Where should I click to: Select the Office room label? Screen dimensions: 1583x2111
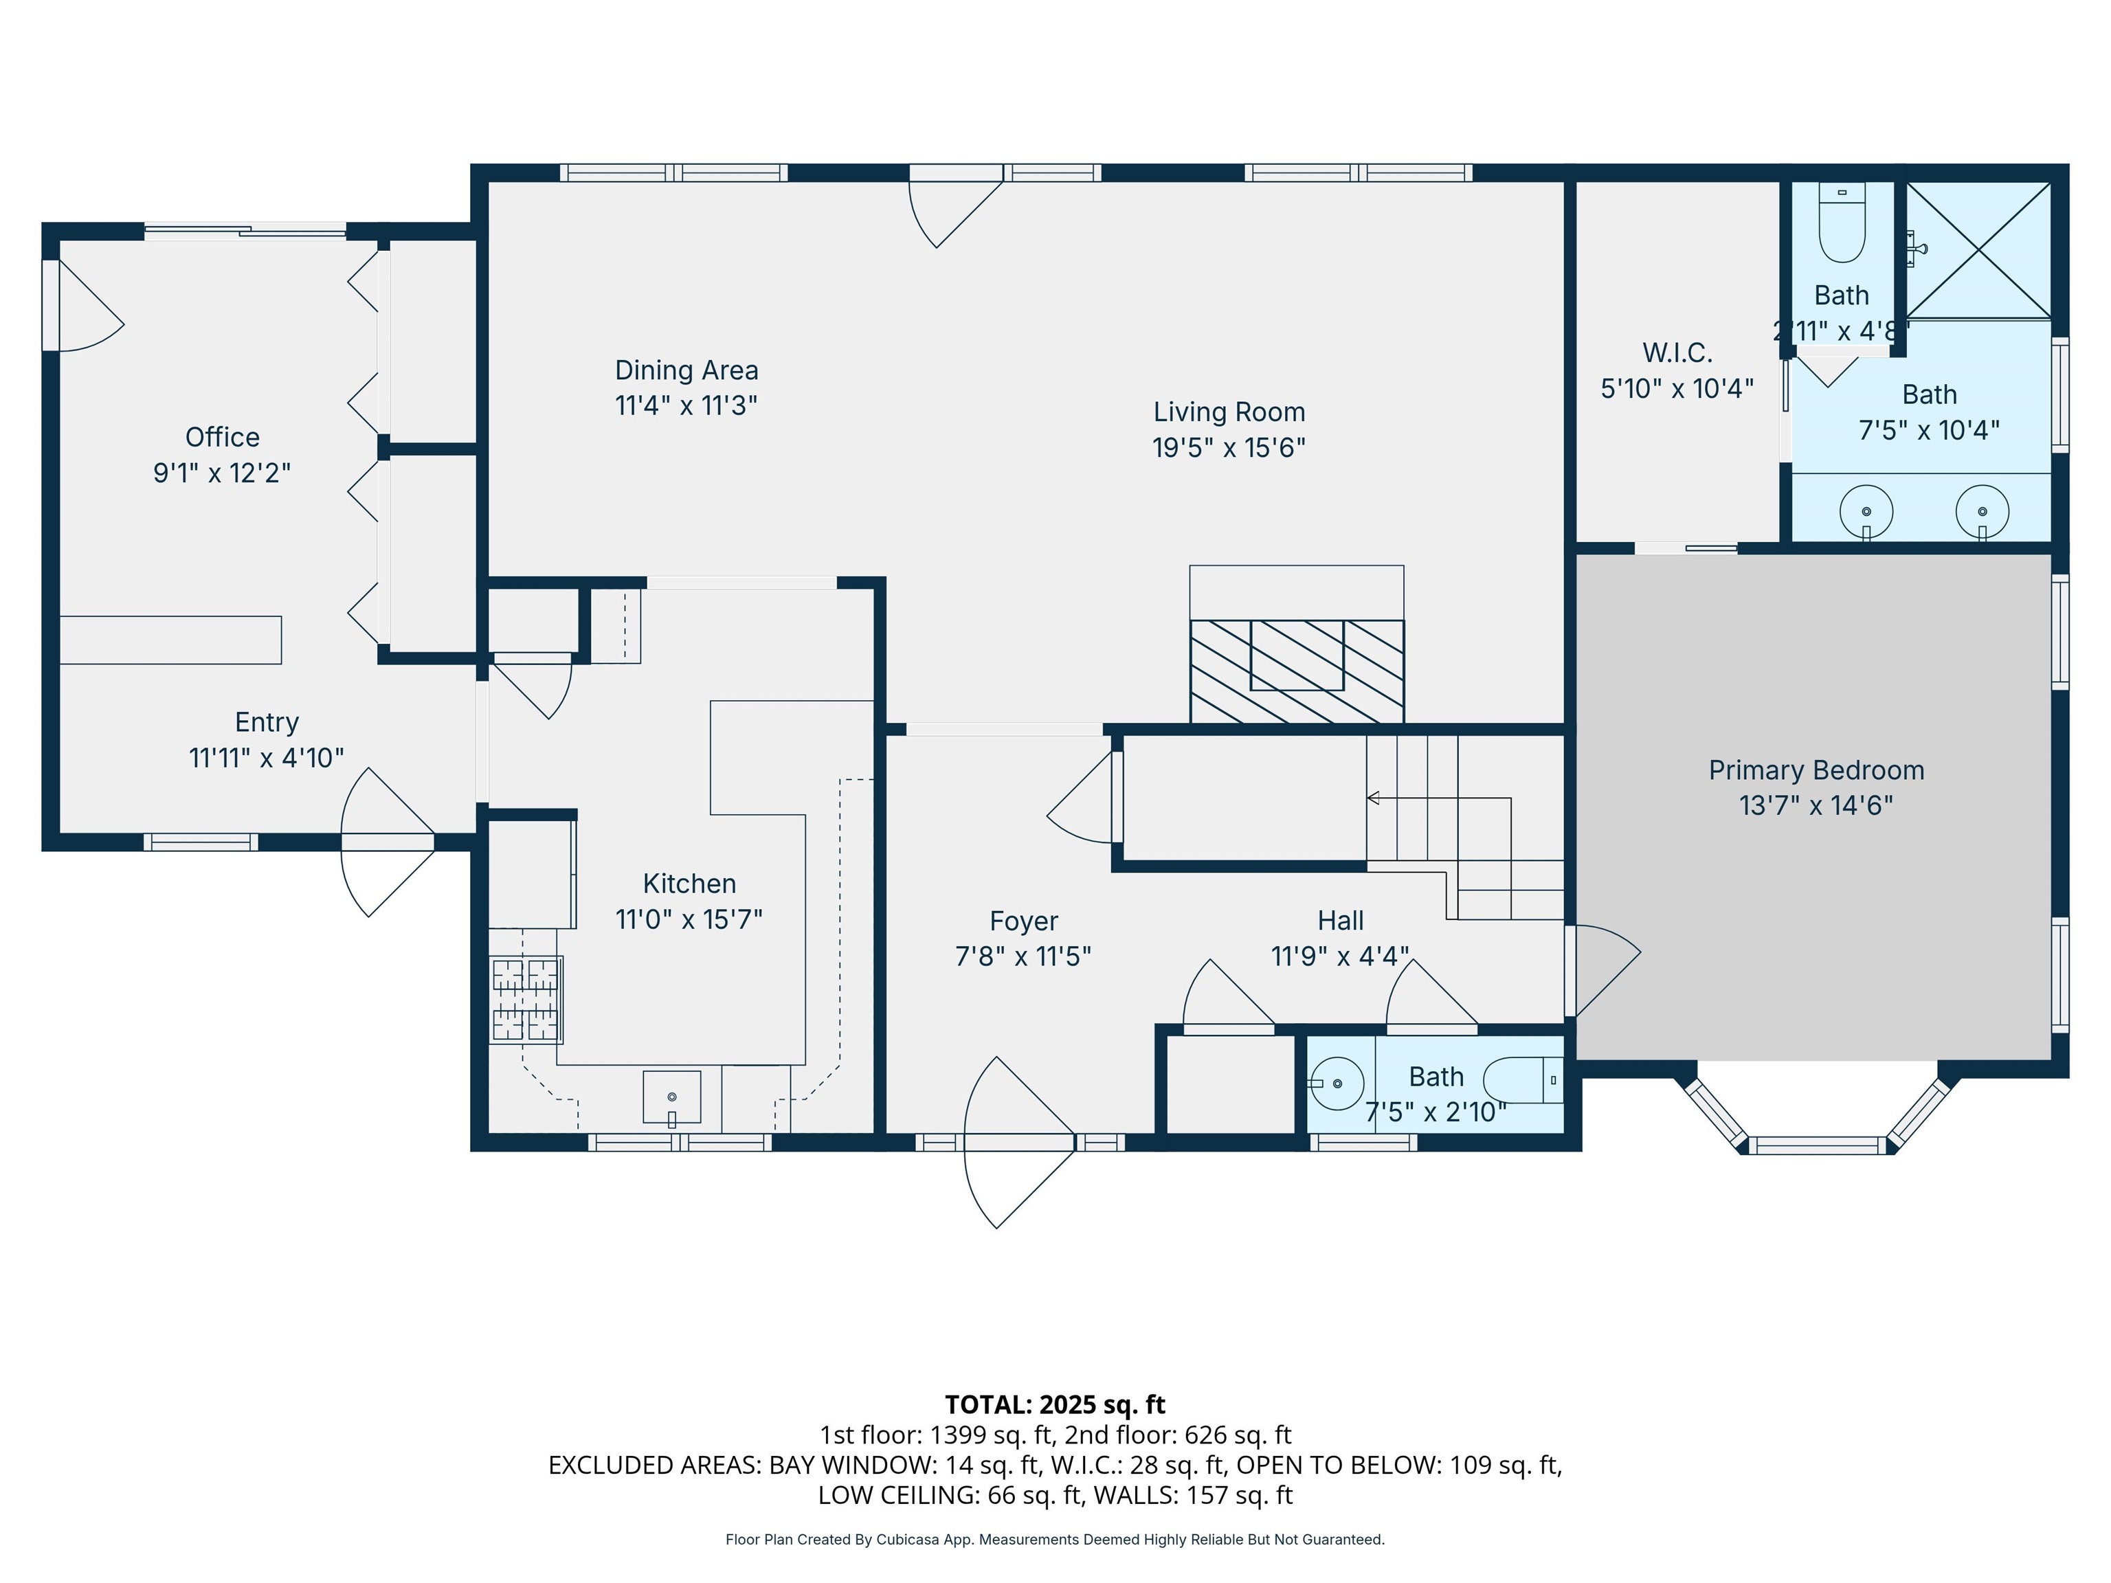[223, 437]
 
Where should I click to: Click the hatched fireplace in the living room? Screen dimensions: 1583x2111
[1296, 670]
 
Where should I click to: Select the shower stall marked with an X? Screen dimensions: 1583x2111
[1978, 250]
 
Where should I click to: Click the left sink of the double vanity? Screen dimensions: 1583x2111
[1866, 511]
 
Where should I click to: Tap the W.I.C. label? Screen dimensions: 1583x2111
[1677, 353]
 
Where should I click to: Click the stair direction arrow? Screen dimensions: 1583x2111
[1373, 798]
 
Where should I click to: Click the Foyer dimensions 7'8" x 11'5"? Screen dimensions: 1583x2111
[1023, 956]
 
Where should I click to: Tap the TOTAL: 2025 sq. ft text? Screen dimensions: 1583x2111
[1055, 1404]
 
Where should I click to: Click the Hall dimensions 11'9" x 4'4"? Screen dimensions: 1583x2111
[1340, 956]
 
